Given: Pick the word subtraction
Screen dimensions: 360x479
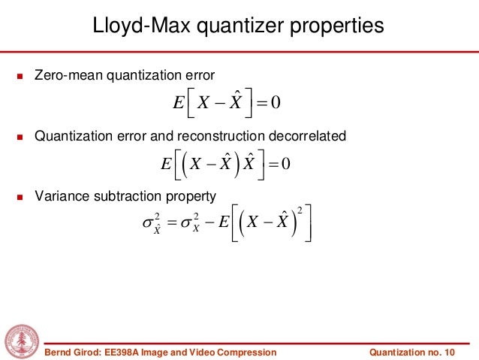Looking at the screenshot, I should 131,197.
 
